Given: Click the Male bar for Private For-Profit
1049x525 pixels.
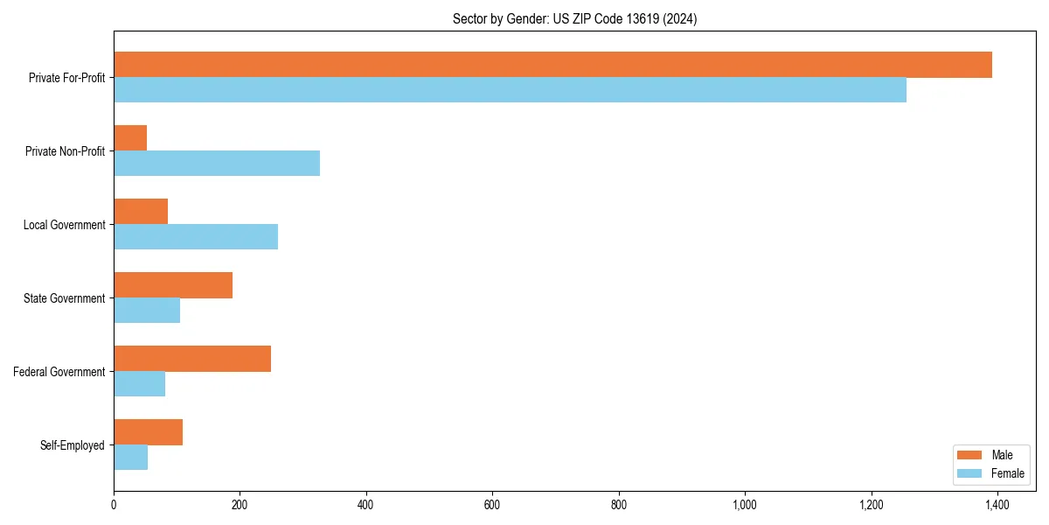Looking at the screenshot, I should tap(552, 65).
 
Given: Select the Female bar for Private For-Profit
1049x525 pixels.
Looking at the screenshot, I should tap(510, 90).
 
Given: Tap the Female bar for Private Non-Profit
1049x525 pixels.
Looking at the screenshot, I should tap(217, 164).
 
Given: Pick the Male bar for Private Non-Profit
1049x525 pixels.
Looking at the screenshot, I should tap(130, 138).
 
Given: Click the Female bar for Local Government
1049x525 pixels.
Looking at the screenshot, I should tap(196, 237).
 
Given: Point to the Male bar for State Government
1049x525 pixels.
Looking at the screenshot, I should tap(173, 285).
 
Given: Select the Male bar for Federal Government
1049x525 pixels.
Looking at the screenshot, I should tap(192, 359).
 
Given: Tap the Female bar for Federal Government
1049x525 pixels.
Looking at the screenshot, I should tap(139, 384).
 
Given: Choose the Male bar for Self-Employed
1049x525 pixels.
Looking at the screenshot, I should tap(148, 432).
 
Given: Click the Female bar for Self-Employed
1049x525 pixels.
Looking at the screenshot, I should tap(130, 458).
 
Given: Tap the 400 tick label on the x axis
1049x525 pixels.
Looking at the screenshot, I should tap(365, 505).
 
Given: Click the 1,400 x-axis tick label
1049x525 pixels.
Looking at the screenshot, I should tap(997, 505).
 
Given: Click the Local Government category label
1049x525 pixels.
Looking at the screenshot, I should tap(64, 225).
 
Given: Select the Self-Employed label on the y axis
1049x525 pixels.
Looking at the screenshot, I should tap(73, 445).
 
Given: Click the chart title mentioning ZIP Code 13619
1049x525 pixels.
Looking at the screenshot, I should tap(574, 18).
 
